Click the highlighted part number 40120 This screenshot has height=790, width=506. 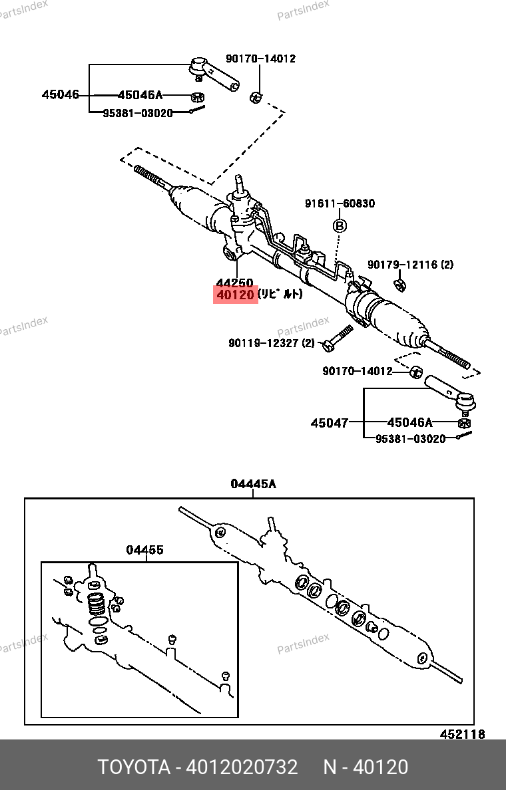point(235,294)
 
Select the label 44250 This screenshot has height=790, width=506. point(234,283)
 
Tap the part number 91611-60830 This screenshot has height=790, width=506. point(340,203)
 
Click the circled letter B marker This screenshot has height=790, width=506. point(340,226)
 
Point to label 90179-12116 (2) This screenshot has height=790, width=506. point(411,265)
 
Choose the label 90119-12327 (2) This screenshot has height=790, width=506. point(271,343)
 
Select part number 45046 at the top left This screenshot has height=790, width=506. point(60,94)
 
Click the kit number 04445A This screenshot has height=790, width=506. point(253,484)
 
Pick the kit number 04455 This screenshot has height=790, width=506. point(145,550)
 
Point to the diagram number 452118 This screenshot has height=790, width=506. point(462,734)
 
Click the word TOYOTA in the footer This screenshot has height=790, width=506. point(134,767)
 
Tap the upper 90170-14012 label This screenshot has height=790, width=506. point(260,59)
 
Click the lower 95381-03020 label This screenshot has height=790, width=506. point(410,439)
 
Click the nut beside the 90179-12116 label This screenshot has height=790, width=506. point(400,286)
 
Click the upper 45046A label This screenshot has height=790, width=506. point(140,95)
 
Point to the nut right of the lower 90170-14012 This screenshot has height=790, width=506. point(415,371)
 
